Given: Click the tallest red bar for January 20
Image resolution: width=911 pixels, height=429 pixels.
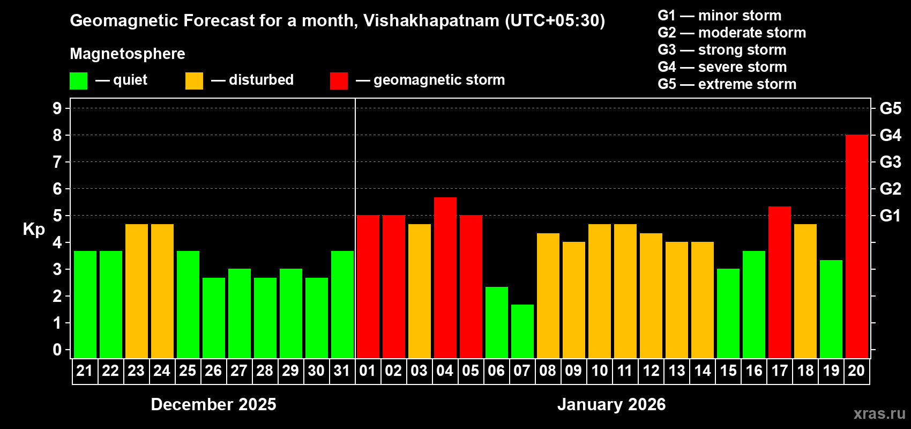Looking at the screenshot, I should click(856, 247).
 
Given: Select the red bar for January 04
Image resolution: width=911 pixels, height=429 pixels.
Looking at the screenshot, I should click(445, 278).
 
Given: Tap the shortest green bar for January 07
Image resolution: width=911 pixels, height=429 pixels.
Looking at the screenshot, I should click(522, 331).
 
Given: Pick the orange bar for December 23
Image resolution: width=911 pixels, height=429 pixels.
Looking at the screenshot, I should click(136, 291).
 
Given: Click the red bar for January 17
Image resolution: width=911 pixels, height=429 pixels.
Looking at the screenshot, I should click(779, 282).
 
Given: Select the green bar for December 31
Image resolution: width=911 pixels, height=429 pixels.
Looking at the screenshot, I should click(342, 305).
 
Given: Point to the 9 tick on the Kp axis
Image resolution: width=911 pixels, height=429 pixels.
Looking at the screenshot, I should click(57, 108).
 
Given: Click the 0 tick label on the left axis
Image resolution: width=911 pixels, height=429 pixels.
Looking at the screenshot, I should click(57, 350).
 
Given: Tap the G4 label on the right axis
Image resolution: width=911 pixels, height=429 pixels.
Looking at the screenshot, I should click(890, 135).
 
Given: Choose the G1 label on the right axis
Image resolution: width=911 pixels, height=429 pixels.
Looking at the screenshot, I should click(890, 216).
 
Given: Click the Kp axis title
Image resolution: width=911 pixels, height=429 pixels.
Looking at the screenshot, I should click(34, 229).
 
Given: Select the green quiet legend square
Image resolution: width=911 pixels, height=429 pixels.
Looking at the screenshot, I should click(78, 81).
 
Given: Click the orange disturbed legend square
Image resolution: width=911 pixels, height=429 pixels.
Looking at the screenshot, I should click(194, 81).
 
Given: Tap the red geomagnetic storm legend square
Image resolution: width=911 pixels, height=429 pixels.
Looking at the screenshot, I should click(339, 81).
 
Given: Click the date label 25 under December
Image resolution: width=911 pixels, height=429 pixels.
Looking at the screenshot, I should click(188, 371).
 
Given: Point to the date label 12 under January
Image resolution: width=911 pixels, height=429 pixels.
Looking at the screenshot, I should click(651, 371).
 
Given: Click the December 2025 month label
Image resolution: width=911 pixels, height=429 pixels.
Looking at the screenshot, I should click(213, 404).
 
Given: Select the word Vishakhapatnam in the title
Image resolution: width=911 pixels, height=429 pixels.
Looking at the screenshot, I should click(431, 20).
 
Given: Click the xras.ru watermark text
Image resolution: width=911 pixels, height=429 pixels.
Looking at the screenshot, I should click(879, 413).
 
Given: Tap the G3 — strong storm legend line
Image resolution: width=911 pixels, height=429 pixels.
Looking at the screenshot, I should click(721, 50).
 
